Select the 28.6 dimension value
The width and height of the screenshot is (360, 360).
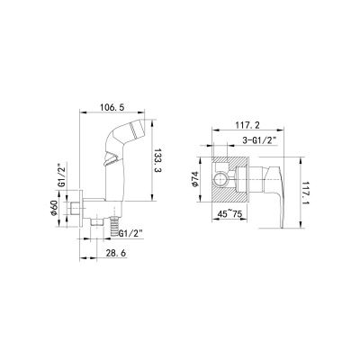(x=115, y=253)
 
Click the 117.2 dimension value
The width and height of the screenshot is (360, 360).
(x=247, y=125)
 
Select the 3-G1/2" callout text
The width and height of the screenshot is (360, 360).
(x=259, y=140)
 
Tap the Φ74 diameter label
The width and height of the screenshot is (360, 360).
(x=194, y=179)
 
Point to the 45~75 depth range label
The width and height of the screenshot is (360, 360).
(x=230, y=214)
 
